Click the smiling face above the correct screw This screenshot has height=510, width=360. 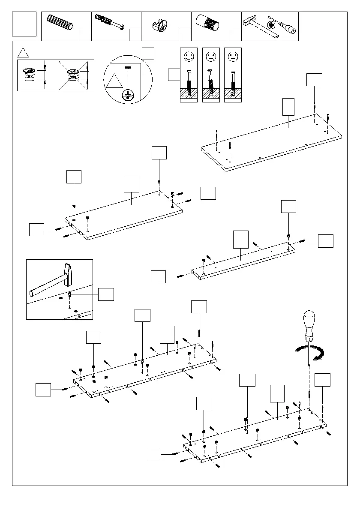(x=189, y=56)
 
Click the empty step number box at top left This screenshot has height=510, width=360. (x=24, y=24)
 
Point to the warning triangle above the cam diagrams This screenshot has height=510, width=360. (x=23, y=53)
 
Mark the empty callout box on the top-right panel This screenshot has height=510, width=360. (x=288, y=106)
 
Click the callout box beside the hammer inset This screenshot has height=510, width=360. (x=106, y=294)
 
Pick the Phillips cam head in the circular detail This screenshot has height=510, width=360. (x=128, y=95)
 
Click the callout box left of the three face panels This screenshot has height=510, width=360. (x=174, y=75)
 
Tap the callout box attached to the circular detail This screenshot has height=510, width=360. (x=148, y=53)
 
